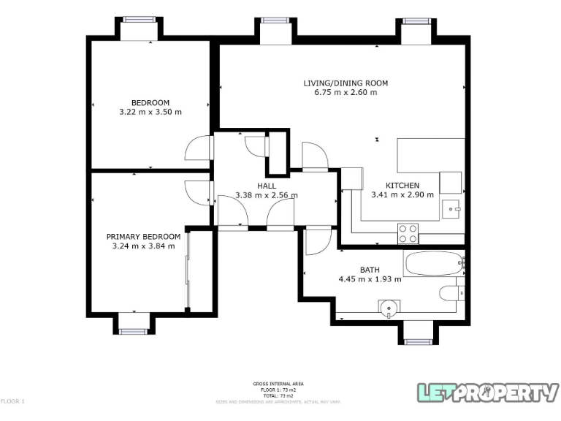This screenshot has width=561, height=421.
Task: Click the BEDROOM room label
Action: (150, 102)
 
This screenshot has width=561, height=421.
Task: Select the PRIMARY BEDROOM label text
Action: (143, 236)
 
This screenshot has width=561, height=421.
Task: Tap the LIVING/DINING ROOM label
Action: (346, 83)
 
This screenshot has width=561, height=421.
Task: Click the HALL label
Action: (266, 186)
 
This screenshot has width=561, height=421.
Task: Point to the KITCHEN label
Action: (402, 185)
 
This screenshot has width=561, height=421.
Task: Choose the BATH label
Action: (370, 270)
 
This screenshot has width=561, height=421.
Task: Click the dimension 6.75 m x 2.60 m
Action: (346, 93)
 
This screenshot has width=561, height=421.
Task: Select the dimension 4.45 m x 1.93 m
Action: (370, 279)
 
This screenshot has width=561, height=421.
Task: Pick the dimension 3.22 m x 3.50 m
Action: (150, 113)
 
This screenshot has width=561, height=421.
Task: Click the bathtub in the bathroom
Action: (432, 263)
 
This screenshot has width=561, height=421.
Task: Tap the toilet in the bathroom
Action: (451, 294)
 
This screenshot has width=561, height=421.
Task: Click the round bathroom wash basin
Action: (390, 308)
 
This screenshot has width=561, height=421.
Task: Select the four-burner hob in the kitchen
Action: (408, 233)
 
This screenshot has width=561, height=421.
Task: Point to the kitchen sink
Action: (451, 208)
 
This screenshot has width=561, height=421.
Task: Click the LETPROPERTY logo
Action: (487, 392)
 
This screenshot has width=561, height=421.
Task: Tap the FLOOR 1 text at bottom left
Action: (12, 401)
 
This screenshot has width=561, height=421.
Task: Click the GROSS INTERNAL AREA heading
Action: (278, 384)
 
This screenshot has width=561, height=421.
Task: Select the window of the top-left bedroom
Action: (140, 20)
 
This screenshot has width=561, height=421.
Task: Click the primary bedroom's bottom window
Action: (134, 330)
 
